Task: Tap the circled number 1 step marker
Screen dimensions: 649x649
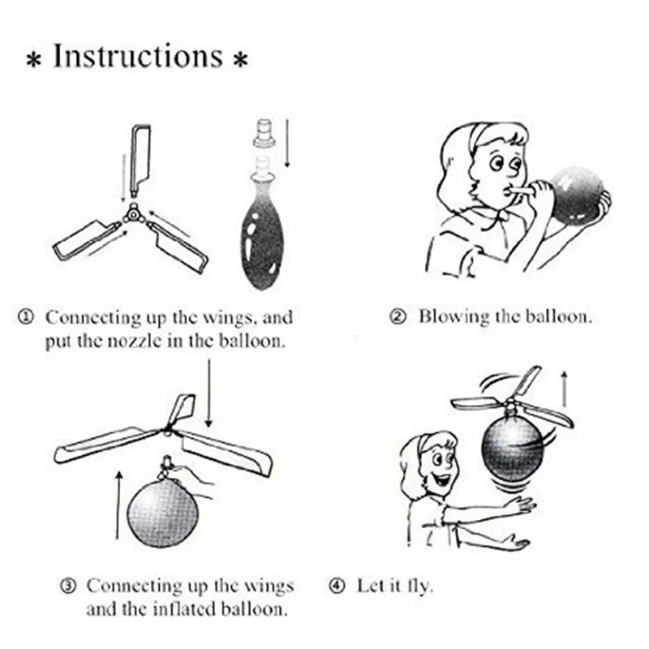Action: [x=26, y=318]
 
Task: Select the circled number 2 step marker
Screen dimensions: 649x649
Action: [x=398, y=317]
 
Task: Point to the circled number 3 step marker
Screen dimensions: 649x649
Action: [x=69, y=586]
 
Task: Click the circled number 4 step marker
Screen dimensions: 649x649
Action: [x=337, y=586]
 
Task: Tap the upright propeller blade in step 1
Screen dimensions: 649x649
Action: [x=140, y=161]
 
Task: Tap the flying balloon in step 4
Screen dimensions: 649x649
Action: [x=513, y=448]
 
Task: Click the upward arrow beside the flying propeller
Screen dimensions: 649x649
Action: [x=563, y=389]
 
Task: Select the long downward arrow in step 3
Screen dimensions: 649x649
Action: [x=209, y=393]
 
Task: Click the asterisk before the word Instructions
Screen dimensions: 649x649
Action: [x=33, y=60]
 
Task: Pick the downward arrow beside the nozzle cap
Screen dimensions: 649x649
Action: [x=287, y=144]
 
